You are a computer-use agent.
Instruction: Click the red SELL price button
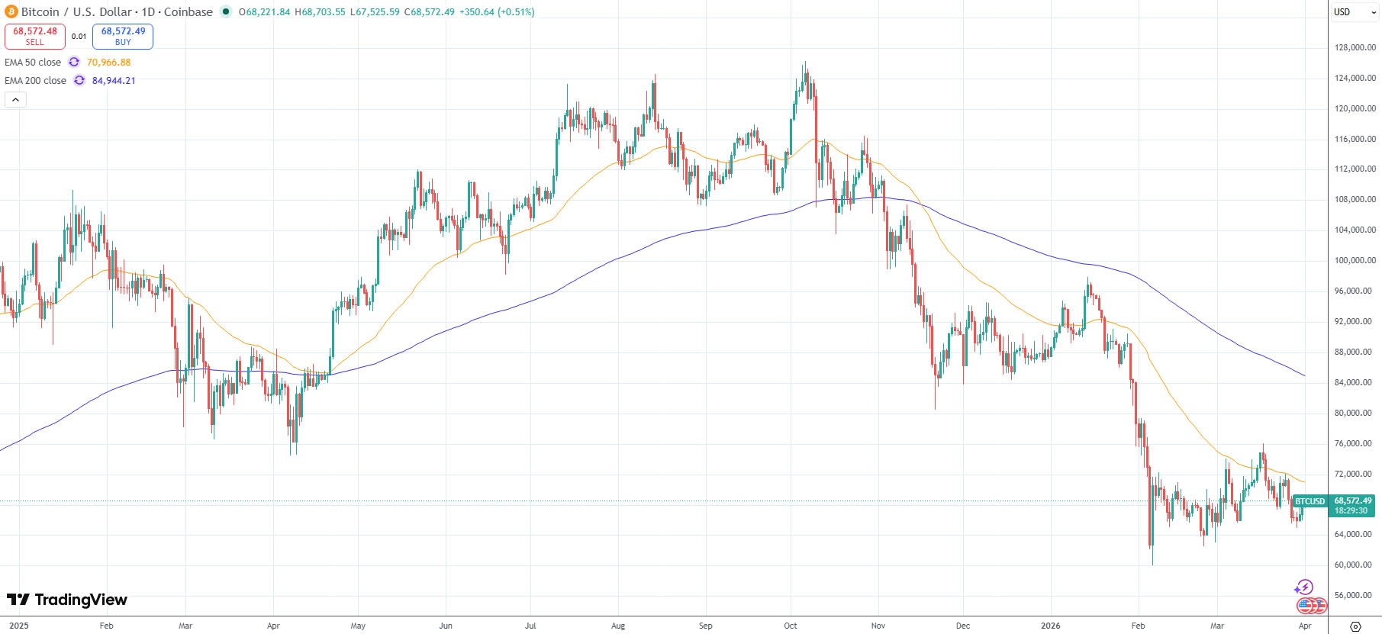click(x=35, y=36)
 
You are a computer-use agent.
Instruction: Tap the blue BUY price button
click(x=123, y=36)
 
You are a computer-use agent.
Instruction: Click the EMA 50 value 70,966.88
click(x=108, y=63)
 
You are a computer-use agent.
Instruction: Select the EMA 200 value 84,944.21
click(x=114, y=81)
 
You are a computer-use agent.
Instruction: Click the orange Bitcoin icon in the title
click(x=11, y=11)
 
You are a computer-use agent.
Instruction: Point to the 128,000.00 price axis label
click(x=1355, y=47)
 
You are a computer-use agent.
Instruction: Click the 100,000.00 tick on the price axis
click(x=1355, y=260)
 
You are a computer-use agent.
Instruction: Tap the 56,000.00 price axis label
click(x=1355, y=595)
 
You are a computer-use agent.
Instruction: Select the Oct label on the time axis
click(x=791, y=626)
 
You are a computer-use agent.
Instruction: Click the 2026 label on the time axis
click(x=1051, y=626)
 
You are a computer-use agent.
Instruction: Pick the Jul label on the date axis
click(x=530, y=626)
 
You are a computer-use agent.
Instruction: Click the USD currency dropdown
click(x=1355, y=12)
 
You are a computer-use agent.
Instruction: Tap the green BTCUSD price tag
click(x=1310, y=501)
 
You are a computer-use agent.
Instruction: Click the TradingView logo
click(x=67, y=600)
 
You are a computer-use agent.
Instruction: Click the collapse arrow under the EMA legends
click(x=15, y=99)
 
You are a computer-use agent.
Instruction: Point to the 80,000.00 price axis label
click(x=1355, y=413)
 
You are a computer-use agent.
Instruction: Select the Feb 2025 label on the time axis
click(x=106, y=626)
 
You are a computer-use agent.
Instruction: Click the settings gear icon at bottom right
click(x=1355, y=626)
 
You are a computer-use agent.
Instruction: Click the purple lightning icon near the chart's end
click(x=1303, y=587)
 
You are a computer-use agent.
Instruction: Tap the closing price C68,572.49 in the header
click(x=429, y=12)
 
